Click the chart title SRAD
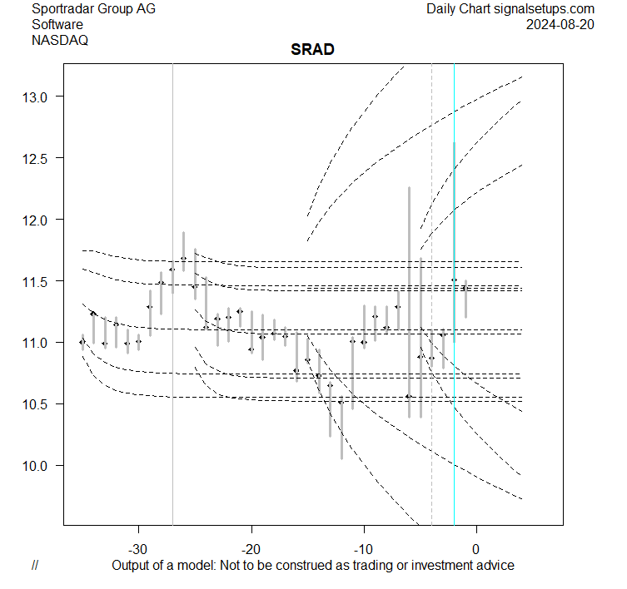click(x=312, y=49)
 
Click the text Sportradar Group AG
click(x=93, y=9)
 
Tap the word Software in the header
click(x=57, y=24)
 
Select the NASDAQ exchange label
click(x=60, y=39)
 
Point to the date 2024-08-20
click(x=560, y=24)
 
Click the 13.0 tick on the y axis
click(x=37, y=97)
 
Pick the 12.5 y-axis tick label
click(x=37, y=159)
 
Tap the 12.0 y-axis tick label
click(x=37, y=220)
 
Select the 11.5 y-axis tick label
click(x=37, y=282)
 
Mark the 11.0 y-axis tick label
click(x=37, y=343)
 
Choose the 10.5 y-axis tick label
click(x=37, y=404)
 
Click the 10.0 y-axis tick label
click(x=37, y=466)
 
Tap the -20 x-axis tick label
click(x=251, y=549)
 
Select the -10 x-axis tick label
click(x=363, y=549)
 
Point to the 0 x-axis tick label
click(x=475, y=549)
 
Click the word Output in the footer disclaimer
click(x=132, y=566)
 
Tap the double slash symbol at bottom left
click(x=35, y=566)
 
